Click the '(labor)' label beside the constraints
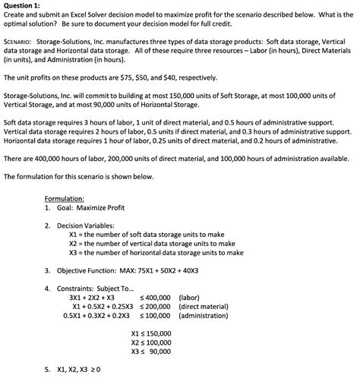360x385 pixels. [x=190, y=297]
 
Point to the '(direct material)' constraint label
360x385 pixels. [x=204, y=306]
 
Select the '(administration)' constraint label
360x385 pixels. [x=204, y=315]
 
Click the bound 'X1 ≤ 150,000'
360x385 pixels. [x=151, y=333]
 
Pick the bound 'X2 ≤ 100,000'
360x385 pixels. [x=151, y=342]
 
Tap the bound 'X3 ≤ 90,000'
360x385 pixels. [x=151, y=352]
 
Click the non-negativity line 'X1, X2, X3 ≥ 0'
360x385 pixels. [x=79, y=370]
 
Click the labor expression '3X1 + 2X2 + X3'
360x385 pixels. [x=92, y=297]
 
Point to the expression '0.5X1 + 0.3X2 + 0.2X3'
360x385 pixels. [x=96, y=315]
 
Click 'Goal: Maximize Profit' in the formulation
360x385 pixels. [x=85, y=207]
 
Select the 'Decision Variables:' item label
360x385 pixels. [x=88, y=226]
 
